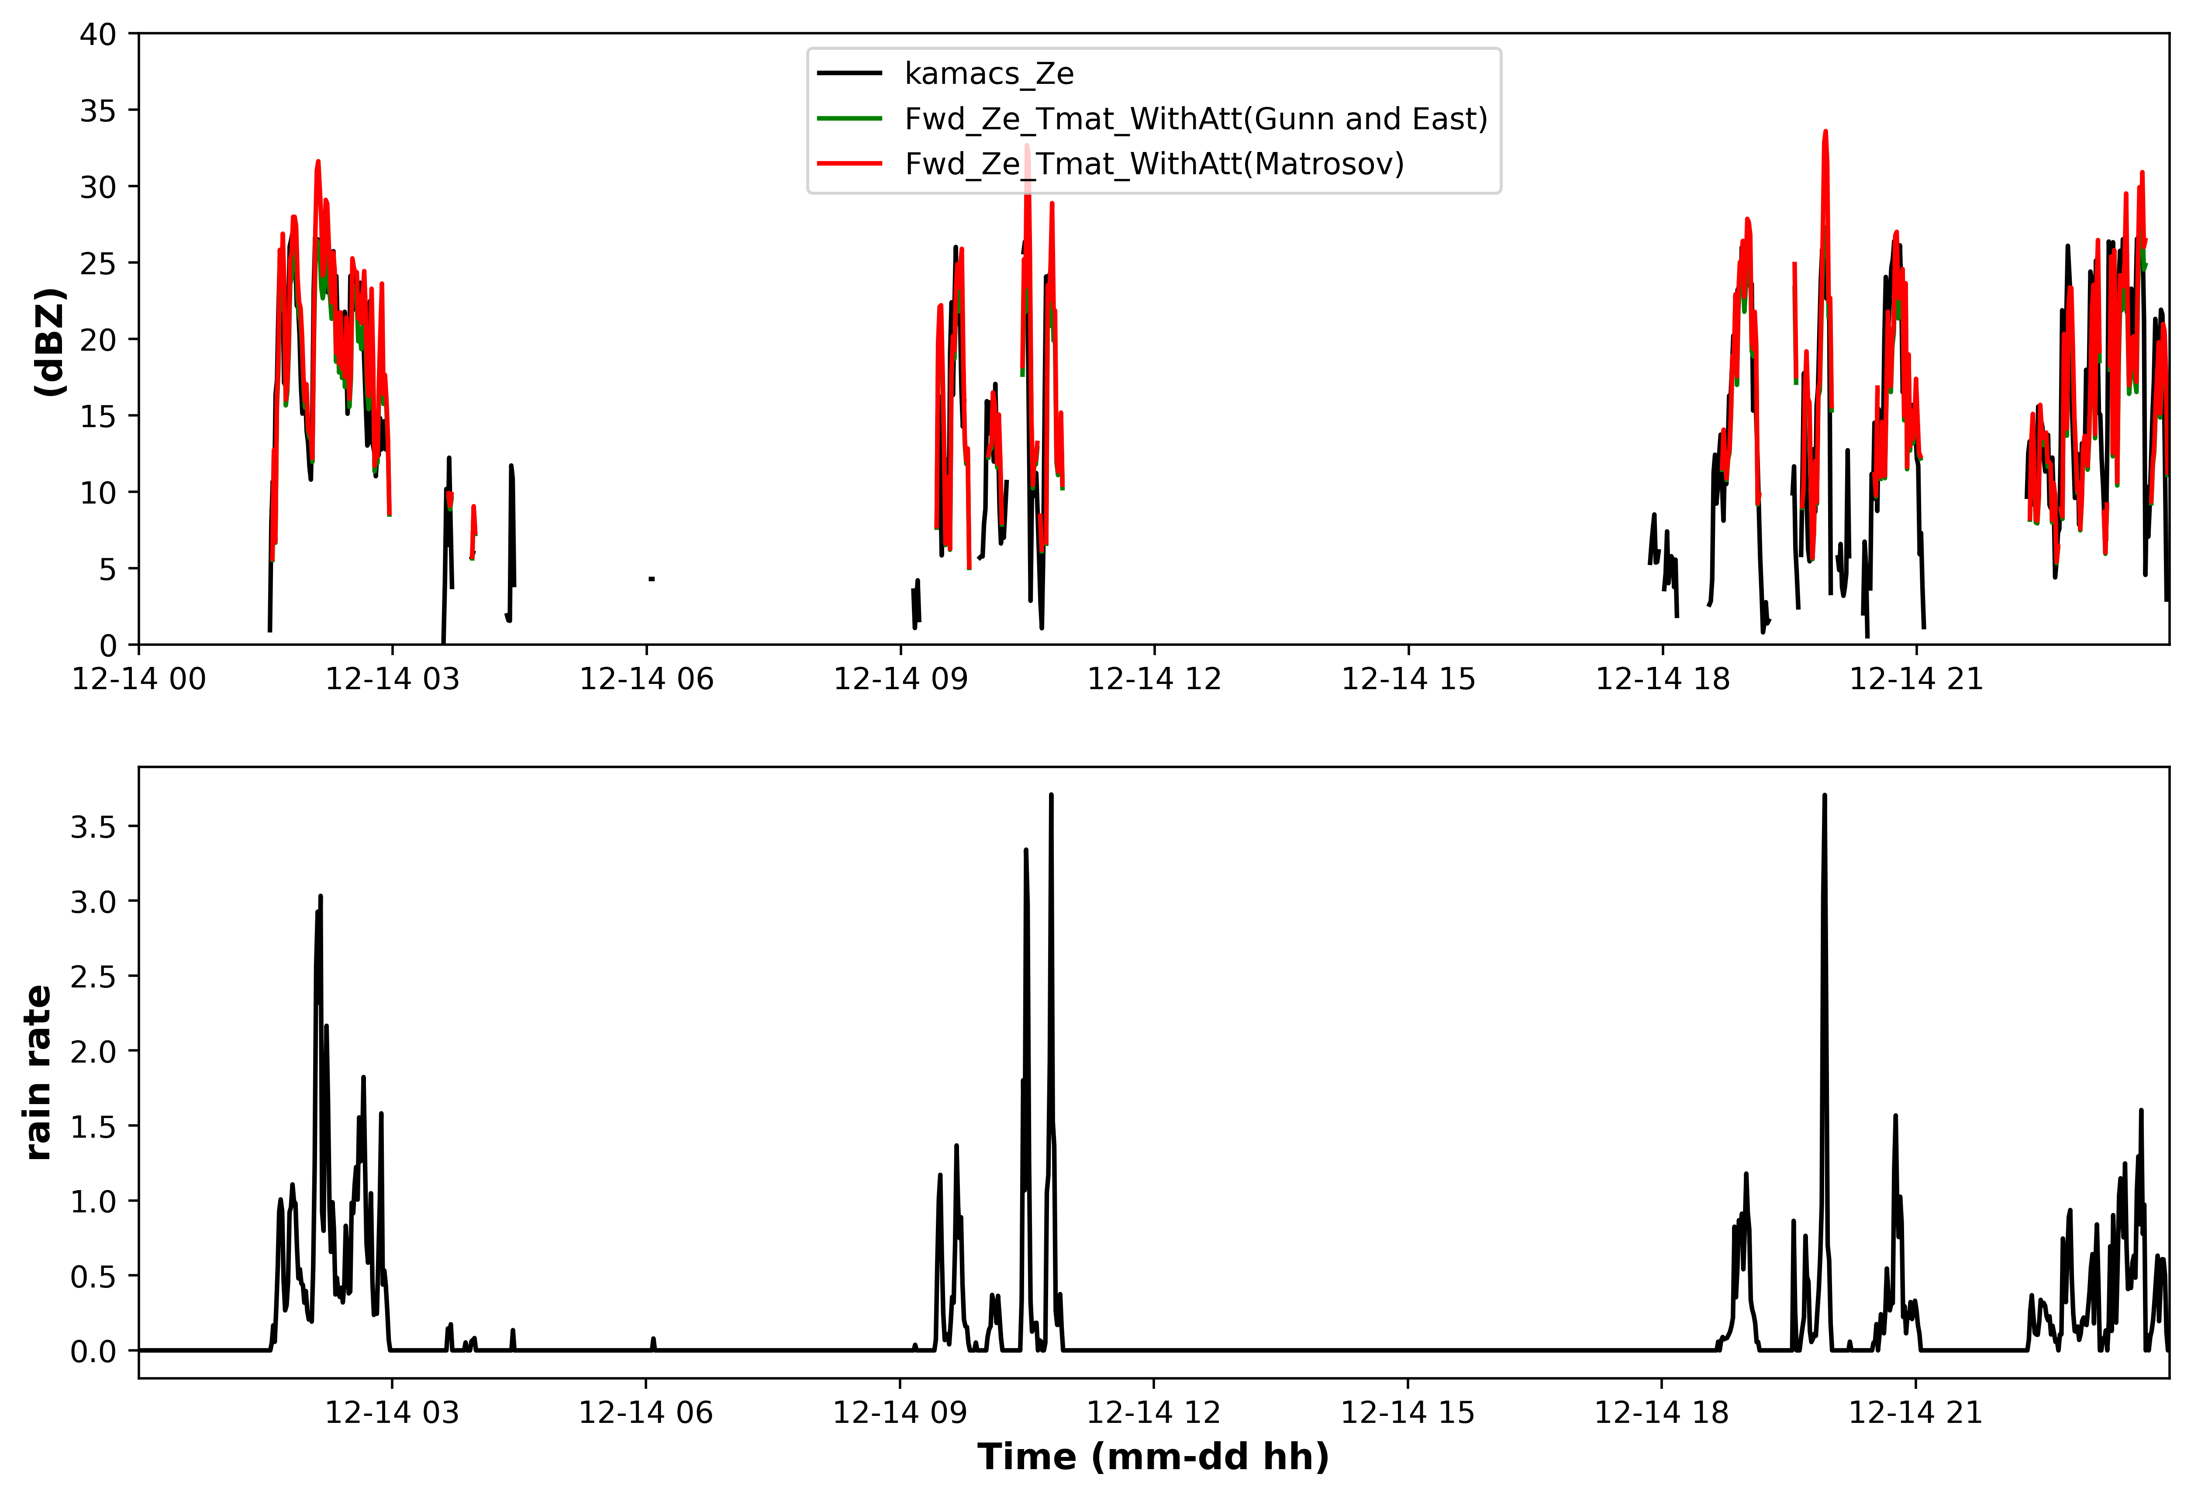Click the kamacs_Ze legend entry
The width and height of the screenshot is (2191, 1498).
coord(945,73)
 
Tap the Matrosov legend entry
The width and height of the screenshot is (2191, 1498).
coord(1111,164)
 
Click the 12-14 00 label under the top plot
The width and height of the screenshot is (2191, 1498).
coord(139,679)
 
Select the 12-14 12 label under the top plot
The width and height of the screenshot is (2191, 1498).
coord(1155,679)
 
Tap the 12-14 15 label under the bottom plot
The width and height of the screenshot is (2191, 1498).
coord(1408,1412)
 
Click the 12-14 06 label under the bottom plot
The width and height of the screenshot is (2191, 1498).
coord(646,1412)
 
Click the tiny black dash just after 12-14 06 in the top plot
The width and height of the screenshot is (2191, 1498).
coord(652,579)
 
